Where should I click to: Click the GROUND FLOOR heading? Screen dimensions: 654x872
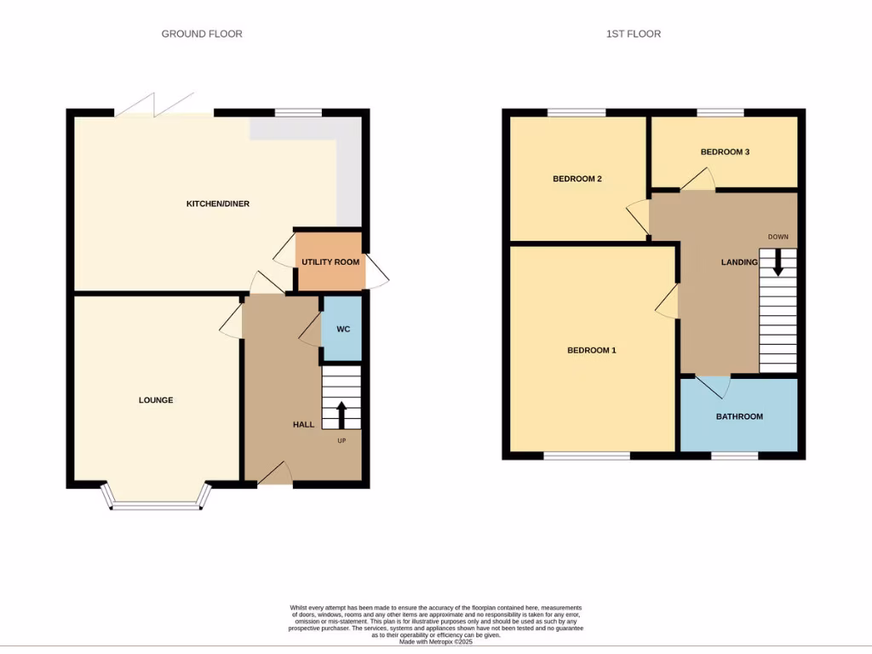coord(202,34)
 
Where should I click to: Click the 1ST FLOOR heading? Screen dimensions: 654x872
coord(633,34)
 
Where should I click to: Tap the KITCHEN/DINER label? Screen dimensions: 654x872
coord(218,204)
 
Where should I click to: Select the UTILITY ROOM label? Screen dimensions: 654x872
coord(330,261)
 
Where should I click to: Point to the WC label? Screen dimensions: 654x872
coord(343,329)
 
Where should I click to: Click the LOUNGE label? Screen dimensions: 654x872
coord(156,400)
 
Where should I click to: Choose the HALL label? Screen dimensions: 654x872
coord(304,424)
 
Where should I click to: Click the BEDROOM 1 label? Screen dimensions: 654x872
coord(591,350)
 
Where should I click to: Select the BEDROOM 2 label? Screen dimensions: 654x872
coord(577,179)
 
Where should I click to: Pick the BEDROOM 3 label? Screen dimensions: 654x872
coord(725,152)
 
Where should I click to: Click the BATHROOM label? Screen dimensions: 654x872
coord(739,416)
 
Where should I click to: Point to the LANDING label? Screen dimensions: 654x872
coord(739,262)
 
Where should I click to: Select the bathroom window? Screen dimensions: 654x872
coord(734,456)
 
